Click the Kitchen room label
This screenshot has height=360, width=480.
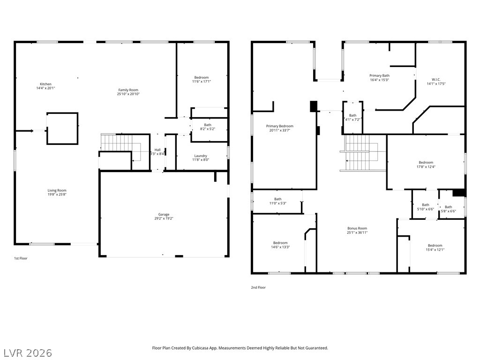[45, 84]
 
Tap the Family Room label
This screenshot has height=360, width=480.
[128, 90]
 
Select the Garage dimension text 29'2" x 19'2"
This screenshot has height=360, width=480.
[164, 218]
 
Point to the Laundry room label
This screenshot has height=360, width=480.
[201, 156]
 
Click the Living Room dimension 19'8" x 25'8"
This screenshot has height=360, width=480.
[57, 195]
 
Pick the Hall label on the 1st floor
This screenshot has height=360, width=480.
[157, 150]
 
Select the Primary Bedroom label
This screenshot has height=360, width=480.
[279, 126]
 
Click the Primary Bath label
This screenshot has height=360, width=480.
[379, 75]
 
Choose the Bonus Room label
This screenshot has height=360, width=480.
[357, 228]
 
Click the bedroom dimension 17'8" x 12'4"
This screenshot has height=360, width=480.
[426, 167]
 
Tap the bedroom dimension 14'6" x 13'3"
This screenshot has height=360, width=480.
[280, 247]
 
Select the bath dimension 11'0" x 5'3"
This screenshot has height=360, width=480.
[277, 203]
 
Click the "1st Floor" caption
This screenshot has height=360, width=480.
[21, 258]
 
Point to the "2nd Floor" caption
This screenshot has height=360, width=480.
[258, 287]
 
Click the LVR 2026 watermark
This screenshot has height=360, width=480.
[27, 353]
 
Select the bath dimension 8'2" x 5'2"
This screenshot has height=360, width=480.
[208, 129]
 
